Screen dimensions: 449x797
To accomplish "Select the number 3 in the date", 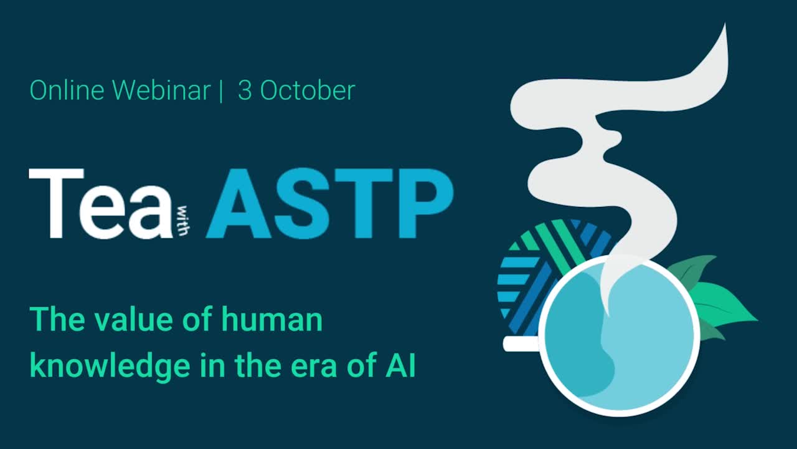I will tap(245, 91).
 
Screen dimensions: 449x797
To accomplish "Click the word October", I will tap(308, 91).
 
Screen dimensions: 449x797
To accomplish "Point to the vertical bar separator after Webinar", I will tap(220, 91).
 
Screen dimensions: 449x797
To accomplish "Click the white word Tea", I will tap(100, 203).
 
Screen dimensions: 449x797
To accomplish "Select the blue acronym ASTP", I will tap(329, 203).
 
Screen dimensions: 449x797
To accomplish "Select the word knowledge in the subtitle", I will tap(107, 367).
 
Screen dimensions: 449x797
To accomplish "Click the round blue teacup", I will tap(619, 337).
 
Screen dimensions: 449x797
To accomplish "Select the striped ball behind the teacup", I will tap(535, 268).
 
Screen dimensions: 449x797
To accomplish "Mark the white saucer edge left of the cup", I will tap(519, 344).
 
